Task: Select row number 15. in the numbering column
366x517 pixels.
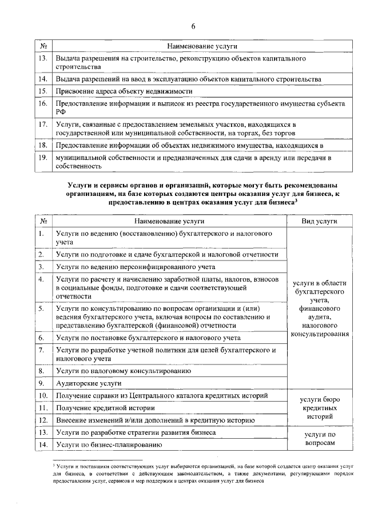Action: pyautogui.click(x=42, y=91)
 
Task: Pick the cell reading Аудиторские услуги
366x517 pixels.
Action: pyautogui.click(x=89, y=383)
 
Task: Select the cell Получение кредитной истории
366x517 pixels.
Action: pyautogui.click(x=105, y=408)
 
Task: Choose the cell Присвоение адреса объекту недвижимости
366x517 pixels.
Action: pyautogui.click(x=123, y=91)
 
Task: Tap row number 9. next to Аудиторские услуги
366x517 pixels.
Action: pyautogui.click(x=41, y=383)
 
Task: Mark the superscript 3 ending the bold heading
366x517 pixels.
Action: pyautogui.click(x=296, y=200)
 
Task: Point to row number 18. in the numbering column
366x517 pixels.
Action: pyautogui.click(x=42, y=146)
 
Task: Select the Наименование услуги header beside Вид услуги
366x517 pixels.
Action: pyautogui.click(x=169, y=221)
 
